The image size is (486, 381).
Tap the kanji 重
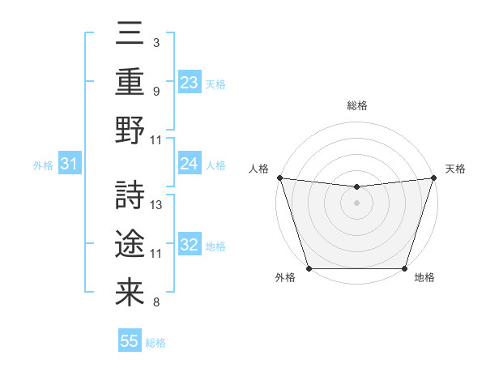pyautogui.click(x=130, y=82)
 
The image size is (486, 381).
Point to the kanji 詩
pyautogui.click(x=130, y=194)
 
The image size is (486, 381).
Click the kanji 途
pyautogui.click(x=130, y=242)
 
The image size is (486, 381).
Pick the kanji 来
pyautogui.click(x=130, y=291)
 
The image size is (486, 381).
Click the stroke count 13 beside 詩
pyautogui.click(x=157, y=205)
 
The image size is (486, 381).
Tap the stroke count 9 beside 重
pyautogui.click(x=156, y=91)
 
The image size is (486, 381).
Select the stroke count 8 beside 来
pyautogui.click(x=156, y=303)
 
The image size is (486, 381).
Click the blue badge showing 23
pyautogui.click(x=189, y=82)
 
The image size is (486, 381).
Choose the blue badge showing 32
pyautogui.click(x=189, y=245)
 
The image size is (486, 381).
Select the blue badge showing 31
pyautogui.click(x=69, y=165)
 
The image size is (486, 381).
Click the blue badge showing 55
pyautogui.click(x=130, y=341)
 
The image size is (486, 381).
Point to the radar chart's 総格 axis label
pyautogui.click(x=356, y=105)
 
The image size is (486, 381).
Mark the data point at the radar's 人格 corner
pyautogui.click(x=279, y=178)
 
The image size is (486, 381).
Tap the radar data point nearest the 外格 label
pyautogui.click(x=309, y=268)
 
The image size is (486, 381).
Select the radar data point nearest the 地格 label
pyautogui.click(x=404, y=268)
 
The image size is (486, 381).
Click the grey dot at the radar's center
pyautogui.click(x=356, y=203)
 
